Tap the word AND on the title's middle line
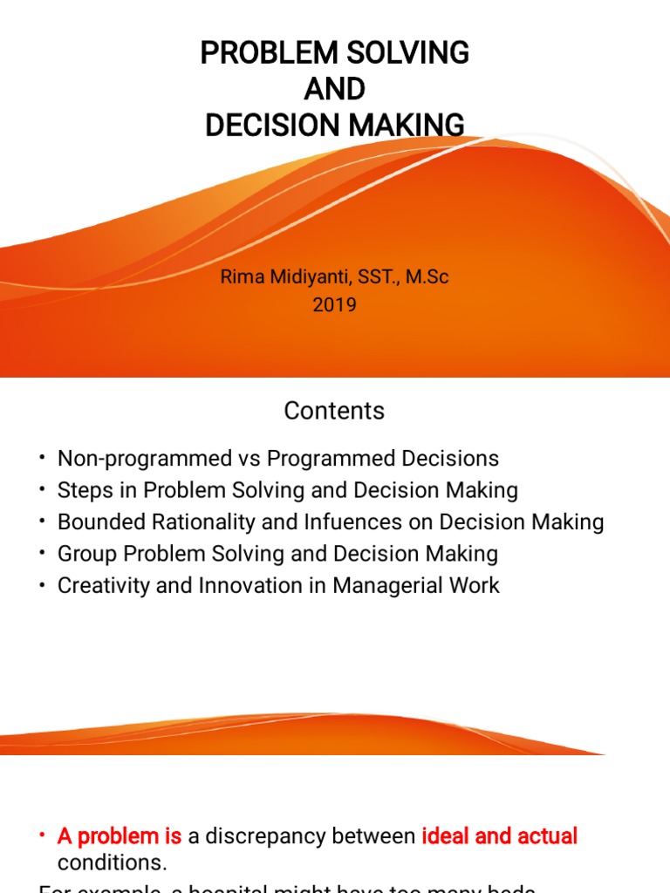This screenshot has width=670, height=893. pyautogui.click(x=335, y=90)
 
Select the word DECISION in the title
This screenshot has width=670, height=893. pyautogui.click(x=273, y=126)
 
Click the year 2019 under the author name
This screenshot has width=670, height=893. pyautogui.click(x=335, y=305)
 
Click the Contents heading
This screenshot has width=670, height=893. pyautogui.click(x=335, y=411)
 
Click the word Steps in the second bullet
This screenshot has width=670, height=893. pyautogui.click(x=83, y=490)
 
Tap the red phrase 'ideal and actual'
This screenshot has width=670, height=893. pyautogui.click(x=499, y=836)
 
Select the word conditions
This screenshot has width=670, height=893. pyautogui.click(x=111, y=862)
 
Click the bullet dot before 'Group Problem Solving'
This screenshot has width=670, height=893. pyautogui.click(x=41, y=554)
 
